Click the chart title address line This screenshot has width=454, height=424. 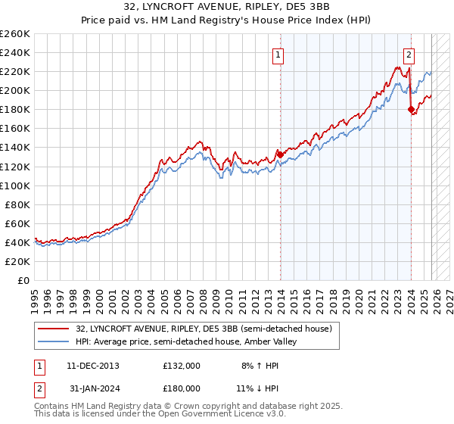226,8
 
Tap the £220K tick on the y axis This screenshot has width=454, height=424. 15,71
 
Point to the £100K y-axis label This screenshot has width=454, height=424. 15,185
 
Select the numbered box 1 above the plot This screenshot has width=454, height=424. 278,55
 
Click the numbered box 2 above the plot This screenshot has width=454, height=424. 409,55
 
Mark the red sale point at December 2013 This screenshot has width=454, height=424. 280,154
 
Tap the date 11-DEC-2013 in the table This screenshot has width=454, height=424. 93,365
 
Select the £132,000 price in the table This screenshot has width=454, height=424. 181,365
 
